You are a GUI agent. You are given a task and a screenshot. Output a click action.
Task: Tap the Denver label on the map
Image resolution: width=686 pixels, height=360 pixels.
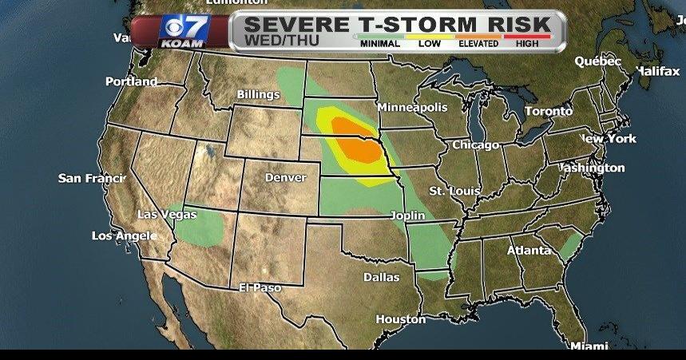[x=285, y=176]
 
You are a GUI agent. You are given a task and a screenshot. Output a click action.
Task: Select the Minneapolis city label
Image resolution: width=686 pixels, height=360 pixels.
[x=412, y=107]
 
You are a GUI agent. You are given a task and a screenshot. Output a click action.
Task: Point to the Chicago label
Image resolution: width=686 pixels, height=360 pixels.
[x=475, y=145]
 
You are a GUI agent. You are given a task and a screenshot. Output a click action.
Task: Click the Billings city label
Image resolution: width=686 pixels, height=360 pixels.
[x=258, y=95]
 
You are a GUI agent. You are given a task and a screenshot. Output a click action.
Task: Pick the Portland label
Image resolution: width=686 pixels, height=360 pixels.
[x=131, y=81]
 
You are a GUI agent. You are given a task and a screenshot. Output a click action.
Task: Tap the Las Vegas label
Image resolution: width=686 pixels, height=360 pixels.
[x=167, y=214]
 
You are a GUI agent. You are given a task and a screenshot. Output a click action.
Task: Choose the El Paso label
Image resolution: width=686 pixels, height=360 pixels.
[x=260, y=287]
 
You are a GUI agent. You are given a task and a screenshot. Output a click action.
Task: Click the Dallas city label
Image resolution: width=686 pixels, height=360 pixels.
[x=381, y=278]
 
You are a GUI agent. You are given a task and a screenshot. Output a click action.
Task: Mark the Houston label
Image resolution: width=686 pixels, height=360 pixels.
[x=400, y=319]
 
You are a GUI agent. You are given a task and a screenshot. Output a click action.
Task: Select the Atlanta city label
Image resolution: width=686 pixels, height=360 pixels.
[x=529, y=251]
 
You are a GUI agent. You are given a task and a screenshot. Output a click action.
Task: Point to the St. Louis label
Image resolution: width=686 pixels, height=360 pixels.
[x=454, y=192]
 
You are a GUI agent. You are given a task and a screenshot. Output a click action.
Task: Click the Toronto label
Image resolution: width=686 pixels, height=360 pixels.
[x=548, y=111]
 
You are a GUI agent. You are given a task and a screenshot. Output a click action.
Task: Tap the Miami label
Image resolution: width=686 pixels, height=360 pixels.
[x=589, y=346]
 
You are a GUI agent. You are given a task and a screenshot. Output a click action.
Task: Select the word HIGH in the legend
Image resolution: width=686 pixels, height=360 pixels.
[x=527, y=44]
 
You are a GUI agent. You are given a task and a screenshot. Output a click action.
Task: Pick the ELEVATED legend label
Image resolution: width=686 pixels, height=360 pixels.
[x=479, y=44]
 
